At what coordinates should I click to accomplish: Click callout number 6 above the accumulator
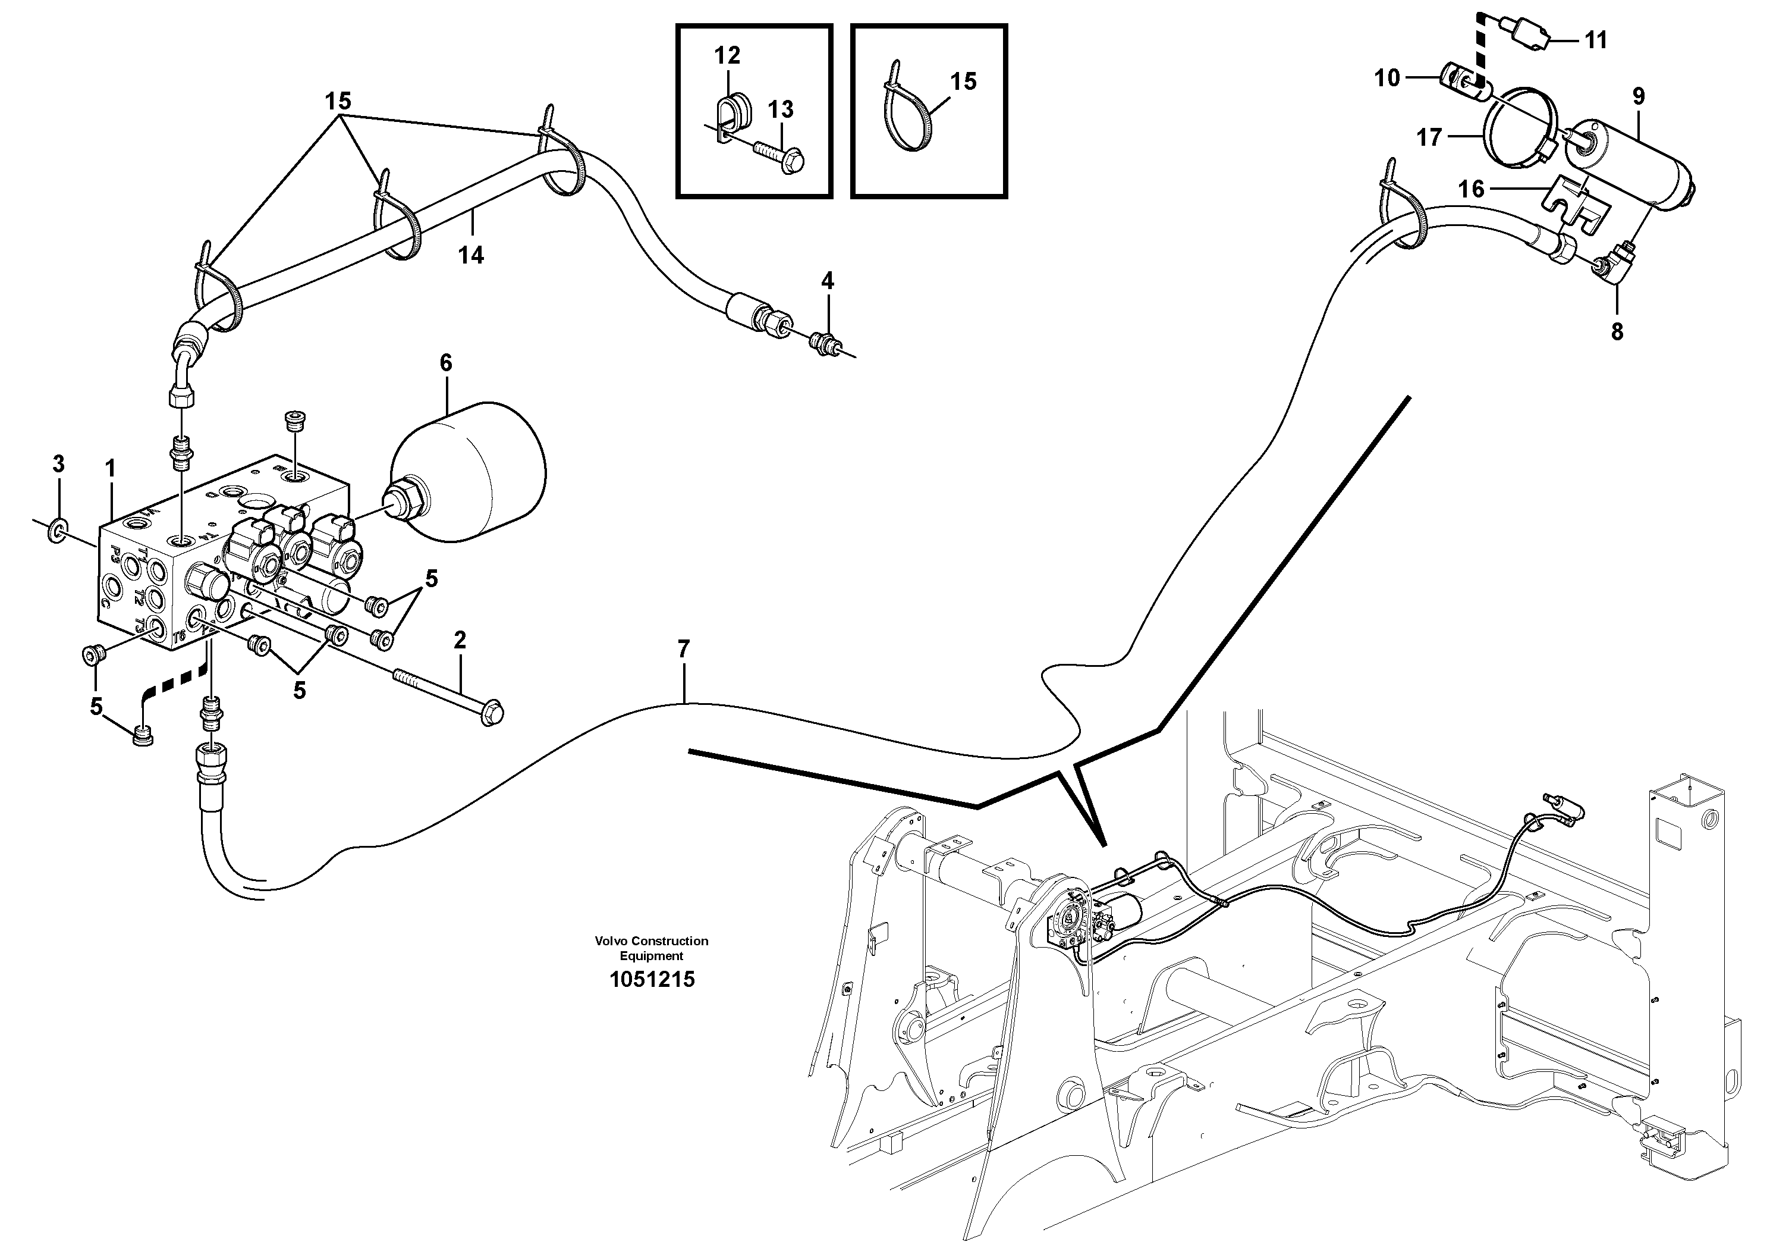445,362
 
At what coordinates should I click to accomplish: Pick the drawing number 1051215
652,980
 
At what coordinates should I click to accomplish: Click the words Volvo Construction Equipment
652,948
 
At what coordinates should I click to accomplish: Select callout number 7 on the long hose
683,650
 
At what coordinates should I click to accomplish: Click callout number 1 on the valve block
110,468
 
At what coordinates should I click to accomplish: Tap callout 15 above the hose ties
338,101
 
